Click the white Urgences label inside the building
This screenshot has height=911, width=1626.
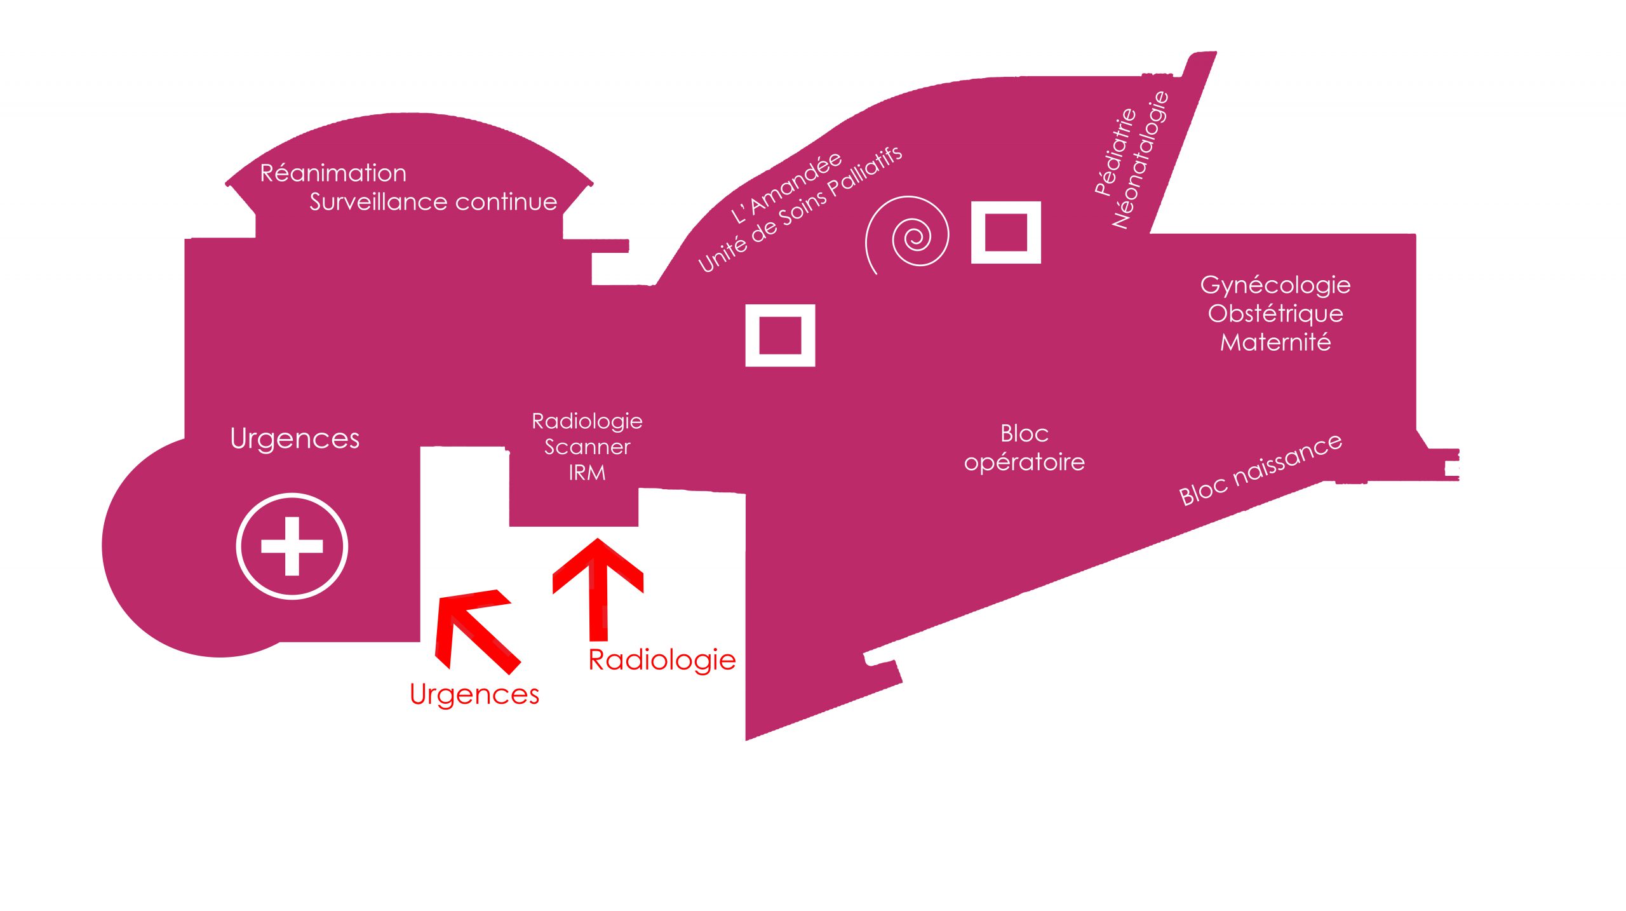[295, 439]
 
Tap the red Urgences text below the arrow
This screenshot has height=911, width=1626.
[474, 694]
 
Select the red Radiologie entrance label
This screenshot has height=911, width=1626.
[662, 660]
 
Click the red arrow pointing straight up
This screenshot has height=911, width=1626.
[598, 589]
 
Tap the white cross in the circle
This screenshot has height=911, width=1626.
[292, 546]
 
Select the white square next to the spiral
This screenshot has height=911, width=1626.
[1006, 233]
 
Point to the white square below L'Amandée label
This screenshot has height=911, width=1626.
[780, 335]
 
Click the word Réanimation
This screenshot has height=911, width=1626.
[333, 173]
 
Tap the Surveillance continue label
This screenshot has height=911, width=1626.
[433, 202]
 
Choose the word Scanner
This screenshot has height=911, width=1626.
[587, 447]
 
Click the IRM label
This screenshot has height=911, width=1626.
[587, 473]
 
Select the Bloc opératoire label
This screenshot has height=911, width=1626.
[1024, 448]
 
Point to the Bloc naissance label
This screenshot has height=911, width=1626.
[1261, 469]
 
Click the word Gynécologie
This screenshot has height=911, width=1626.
[1275, 285]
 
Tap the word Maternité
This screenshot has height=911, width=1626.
[1275, 342]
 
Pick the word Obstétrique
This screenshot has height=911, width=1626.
[1275, 314]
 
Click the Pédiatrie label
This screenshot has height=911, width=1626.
[1115, 151]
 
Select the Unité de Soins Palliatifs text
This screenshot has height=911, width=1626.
[800, 210]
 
